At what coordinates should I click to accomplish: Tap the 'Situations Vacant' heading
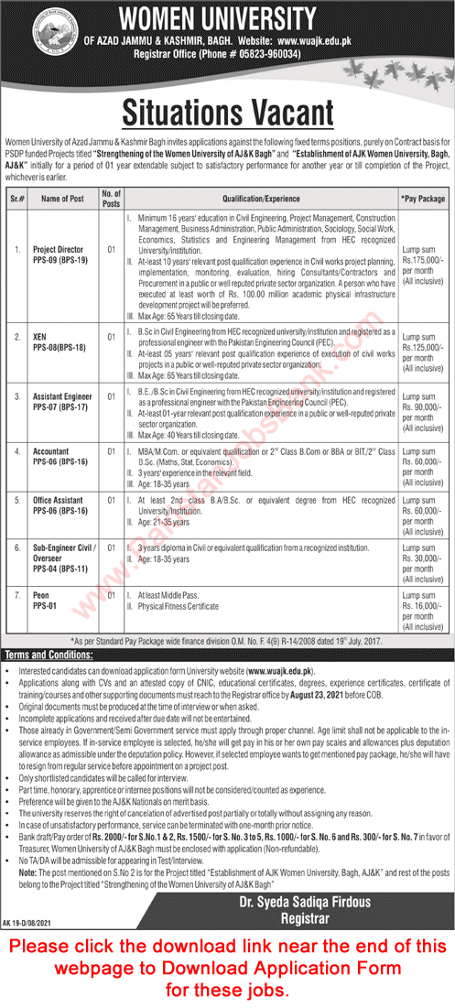pyautogui.click(x=227, y=113)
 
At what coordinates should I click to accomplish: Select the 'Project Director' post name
pyautogui.click(x=59, y=249)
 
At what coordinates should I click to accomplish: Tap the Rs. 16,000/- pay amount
pyautogui.click(x=422, y=607)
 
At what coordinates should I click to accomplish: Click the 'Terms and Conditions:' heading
pyautogui.click(x=43, y=656)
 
